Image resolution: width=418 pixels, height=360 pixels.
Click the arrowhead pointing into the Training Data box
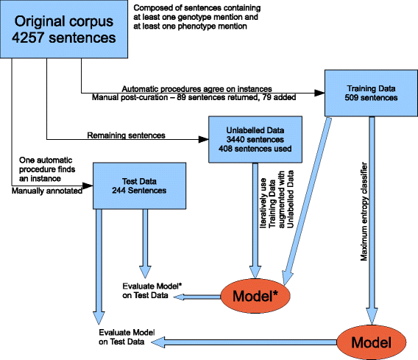pyautogui.click(x=320, y=93)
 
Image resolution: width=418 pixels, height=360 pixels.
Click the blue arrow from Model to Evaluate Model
pyautogui.click(x=250, y=340)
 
